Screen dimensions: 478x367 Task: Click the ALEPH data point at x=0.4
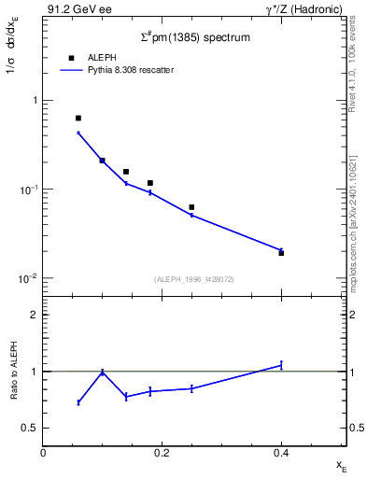(281, 253)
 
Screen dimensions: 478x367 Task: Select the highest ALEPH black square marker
(78, 119)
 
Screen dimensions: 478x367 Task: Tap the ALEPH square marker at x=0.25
(191, 207)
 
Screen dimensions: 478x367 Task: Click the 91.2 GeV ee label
(73, 8)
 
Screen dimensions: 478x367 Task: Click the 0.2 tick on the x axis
(162, 453)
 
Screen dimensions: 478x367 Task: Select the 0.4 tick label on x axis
(281, 453)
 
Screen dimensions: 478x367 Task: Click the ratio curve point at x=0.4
(281, 365)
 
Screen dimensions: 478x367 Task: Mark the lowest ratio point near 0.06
(78, 402)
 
